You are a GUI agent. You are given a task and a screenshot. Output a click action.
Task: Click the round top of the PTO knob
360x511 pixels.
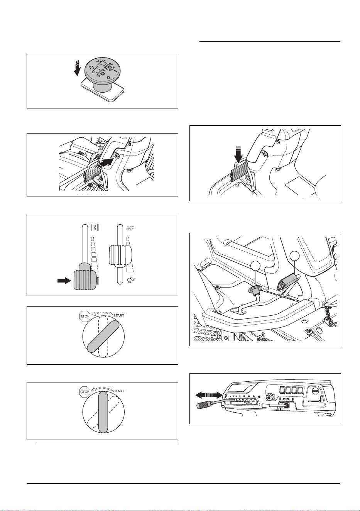click(102, 69)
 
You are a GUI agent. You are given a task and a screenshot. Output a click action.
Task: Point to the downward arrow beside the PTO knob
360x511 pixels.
click(77, 68)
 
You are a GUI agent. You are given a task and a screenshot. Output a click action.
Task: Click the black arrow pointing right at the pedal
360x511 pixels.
click(106, 162)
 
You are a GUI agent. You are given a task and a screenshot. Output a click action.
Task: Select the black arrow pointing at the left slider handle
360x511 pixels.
click(64, 281)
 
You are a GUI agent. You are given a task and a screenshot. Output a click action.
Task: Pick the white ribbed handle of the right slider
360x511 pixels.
click(120, 255)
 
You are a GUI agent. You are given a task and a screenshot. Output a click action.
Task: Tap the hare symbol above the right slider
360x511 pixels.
click(130, 228)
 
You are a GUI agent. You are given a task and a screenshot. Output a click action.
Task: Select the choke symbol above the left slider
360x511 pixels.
click(95, 228)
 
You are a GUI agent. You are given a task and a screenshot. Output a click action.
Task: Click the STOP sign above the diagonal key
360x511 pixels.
click(85, 316)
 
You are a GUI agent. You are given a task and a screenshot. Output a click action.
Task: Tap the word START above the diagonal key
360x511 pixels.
click(119, 315)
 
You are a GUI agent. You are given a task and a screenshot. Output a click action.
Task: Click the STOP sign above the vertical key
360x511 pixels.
click(85, 392)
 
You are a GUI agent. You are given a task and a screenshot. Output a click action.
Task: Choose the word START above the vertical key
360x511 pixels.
click(119, 391)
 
